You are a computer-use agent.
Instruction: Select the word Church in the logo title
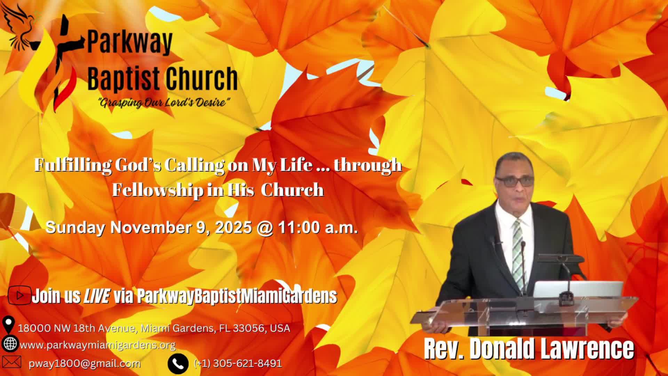click(201, 79)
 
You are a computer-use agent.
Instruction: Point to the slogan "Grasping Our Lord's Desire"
click(164, 103)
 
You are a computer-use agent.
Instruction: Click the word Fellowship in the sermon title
click(156, 190)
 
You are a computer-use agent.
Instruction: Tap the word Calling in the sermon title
click(194, 165)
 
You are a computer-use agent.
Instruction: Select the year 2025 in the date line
click(233, 228)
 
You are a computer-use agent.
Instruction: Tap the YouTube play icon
click(19, 296)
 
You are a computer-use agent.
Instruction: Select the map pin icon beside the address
click(8, 325)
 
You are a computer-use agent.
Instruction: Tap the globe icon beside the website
click(9, 344)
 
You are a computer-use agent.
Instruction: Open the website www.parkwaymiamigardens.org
click(98, 345)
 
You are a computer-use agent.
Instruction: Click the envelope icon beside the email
click(11, 362)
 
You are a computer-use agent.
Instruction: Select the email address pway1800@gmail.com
click(85, 363)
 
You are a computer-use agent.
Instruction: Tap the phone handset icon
click(178, 363)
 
